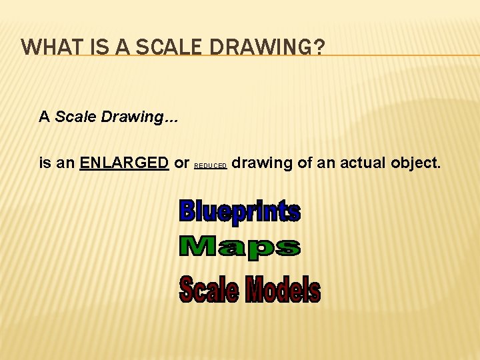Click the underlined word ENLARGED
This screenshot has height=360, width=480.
124,162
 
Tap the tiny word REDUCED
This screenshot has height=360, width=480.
211,165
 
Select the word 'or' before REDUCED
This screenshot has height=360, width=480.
181,163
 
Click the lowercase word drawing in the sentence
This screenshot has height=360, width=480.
262,163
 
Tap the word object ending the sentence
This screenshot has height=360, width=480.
418,163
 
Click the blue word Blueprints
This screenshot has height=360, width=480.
240,211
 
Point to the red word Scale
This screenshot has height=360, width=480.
208,290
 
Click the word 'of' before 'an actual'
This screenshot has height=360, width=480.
305,162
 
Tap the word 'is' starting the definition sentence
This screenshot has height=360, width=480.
45,162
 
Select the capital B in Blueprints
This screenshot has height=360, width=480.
187,211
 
